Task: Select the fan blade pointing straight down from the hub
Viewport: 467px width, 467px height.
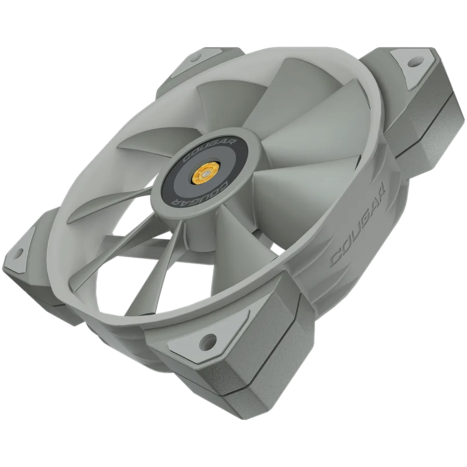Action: click(x=208, y=244)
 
